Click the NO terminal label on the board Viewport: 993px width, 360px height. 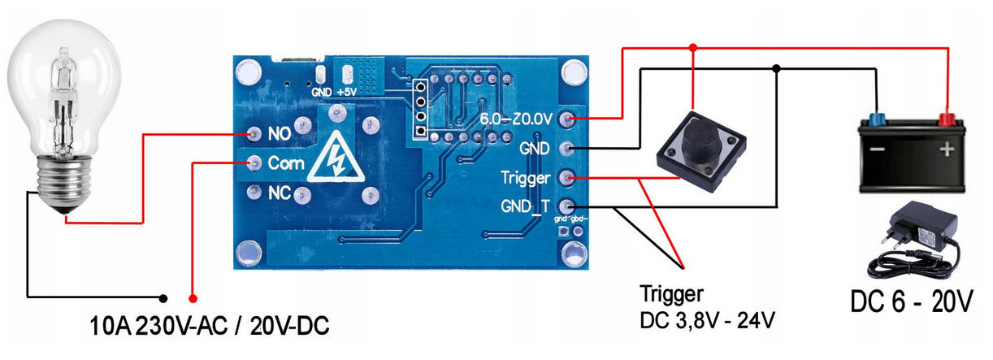[279, 132]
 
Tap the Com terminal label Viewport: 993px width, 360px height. [287, 163]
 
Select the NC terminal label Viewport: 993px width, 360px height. [280, 193]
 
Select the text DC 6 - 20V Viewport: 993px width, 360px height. [910, 302]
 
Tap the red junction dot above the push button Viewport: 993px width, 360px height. [692, 48]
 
